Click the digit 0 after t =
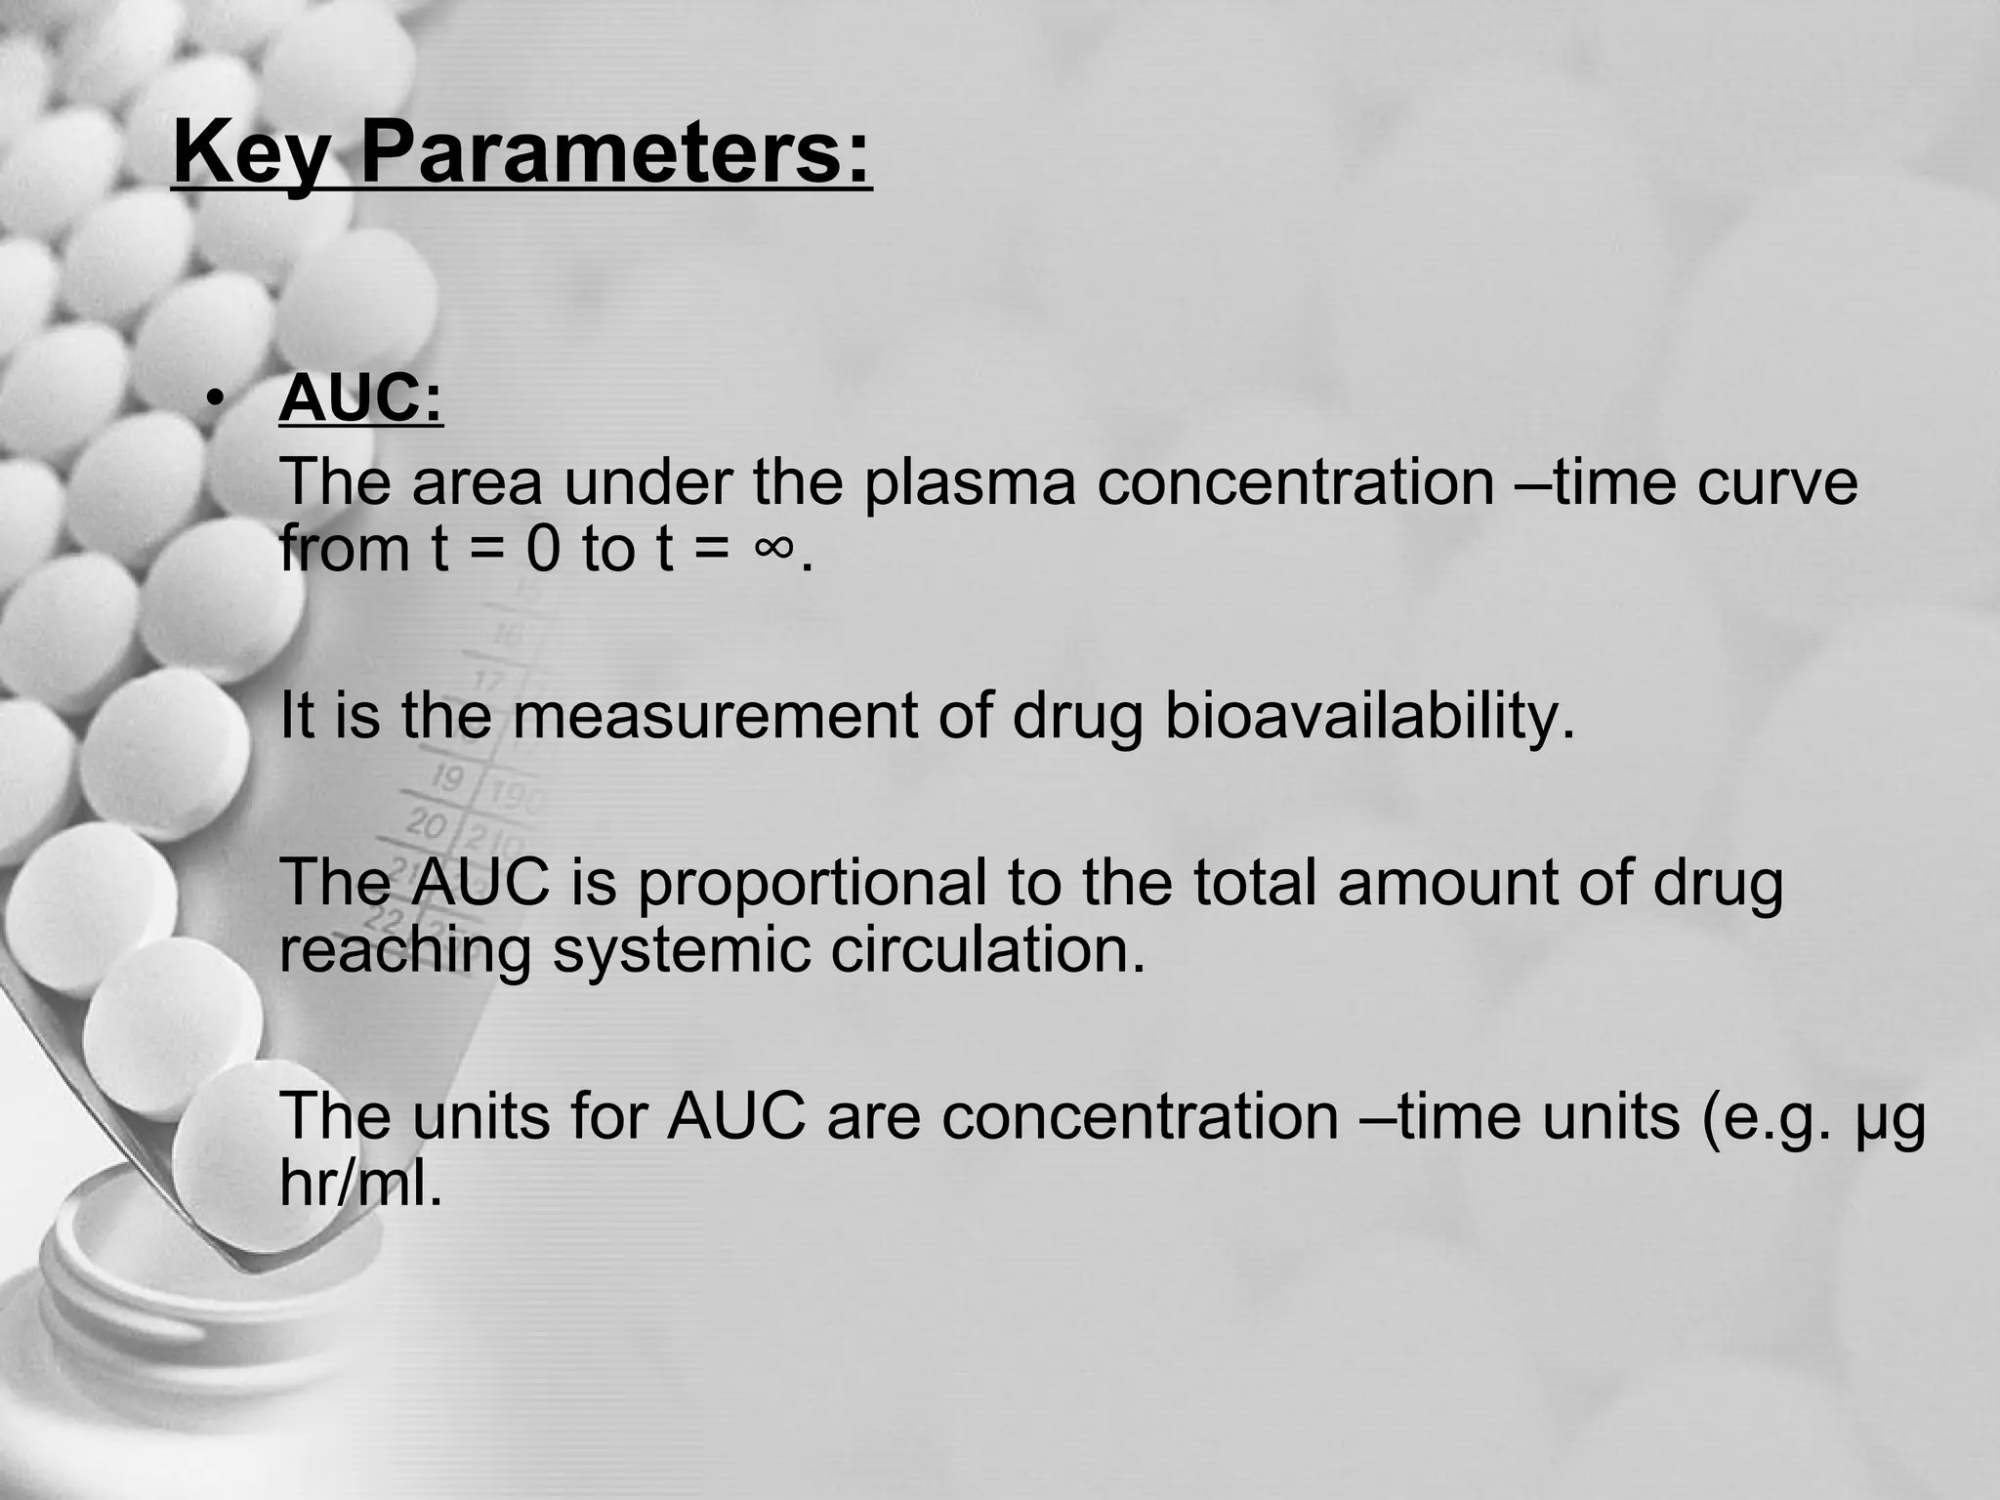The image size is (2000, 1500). pyautogui.click(x=544, y=549)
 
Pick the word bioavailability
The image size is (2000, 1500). pyautogui.click(x=1370, y=717)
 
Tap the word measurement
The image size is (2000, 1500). pyautogui.click(x=713, y=715)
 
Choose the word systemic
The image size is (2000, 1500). pyautogui.click(x=681, y=950)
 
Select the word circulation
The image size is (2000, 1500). pyautogui.click(x=987, y=950)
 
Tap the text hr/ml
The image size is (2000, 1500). pyautogui.click(x=360, y=1185)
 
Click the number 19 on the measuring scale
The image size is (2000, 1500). pyautogui.click(x=448, y=778)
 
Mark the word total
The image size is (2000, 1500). pyautogui.click(x=1253, y=882)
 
